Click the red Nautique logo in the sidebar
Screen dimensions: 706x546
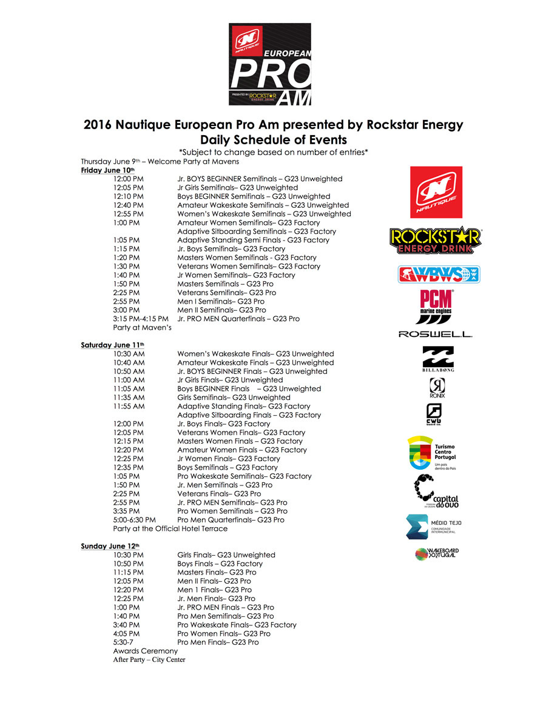pyautogui.click(x=436, y=191)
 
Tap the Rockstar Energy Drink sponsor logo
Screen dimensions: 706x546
pyautogui.click(x=435, y=240)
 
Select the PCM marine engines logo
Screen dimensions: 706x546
pyautogui.click(x=437, y=302)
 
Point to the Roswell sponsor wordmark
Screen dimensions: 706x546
pyautogui.click(x=435, y=334)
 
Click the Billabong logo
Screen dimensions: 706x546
pyautogui.click(x=437, y=359)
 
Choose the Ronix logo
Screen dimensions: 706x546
pyautogui.click(x=437, y=388)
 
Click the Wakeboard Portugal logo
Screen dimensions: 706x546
pyautogui.click(x=437, y=553)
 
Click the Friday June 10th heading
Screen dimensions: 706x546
pyautogui.click(x=108, y=170)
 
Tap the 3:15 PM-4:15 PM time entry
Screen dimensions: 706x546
pyautogui.click(x=141, y=319)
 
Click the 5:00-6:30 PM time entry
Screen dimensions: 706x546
pyautogui.click(x=134, y=520)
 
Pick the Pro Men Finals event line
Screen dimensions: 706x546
pyautogui.click(x=218, y=642)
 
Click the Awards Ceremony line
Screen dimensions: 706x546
pyautogui.click(x=146, y=651)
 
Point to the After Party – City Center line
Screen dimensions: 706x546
pyautogui.click(x=149, y=660)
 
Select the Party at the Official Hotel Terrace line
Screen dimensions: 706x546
pyautogui.click(x=170, y=528)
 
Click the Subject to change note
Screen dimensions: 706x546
pyautogui.click(x=274, y=151)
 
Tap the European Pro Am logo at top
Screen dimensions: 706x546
pyautogui.click(x=270, y=64)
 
